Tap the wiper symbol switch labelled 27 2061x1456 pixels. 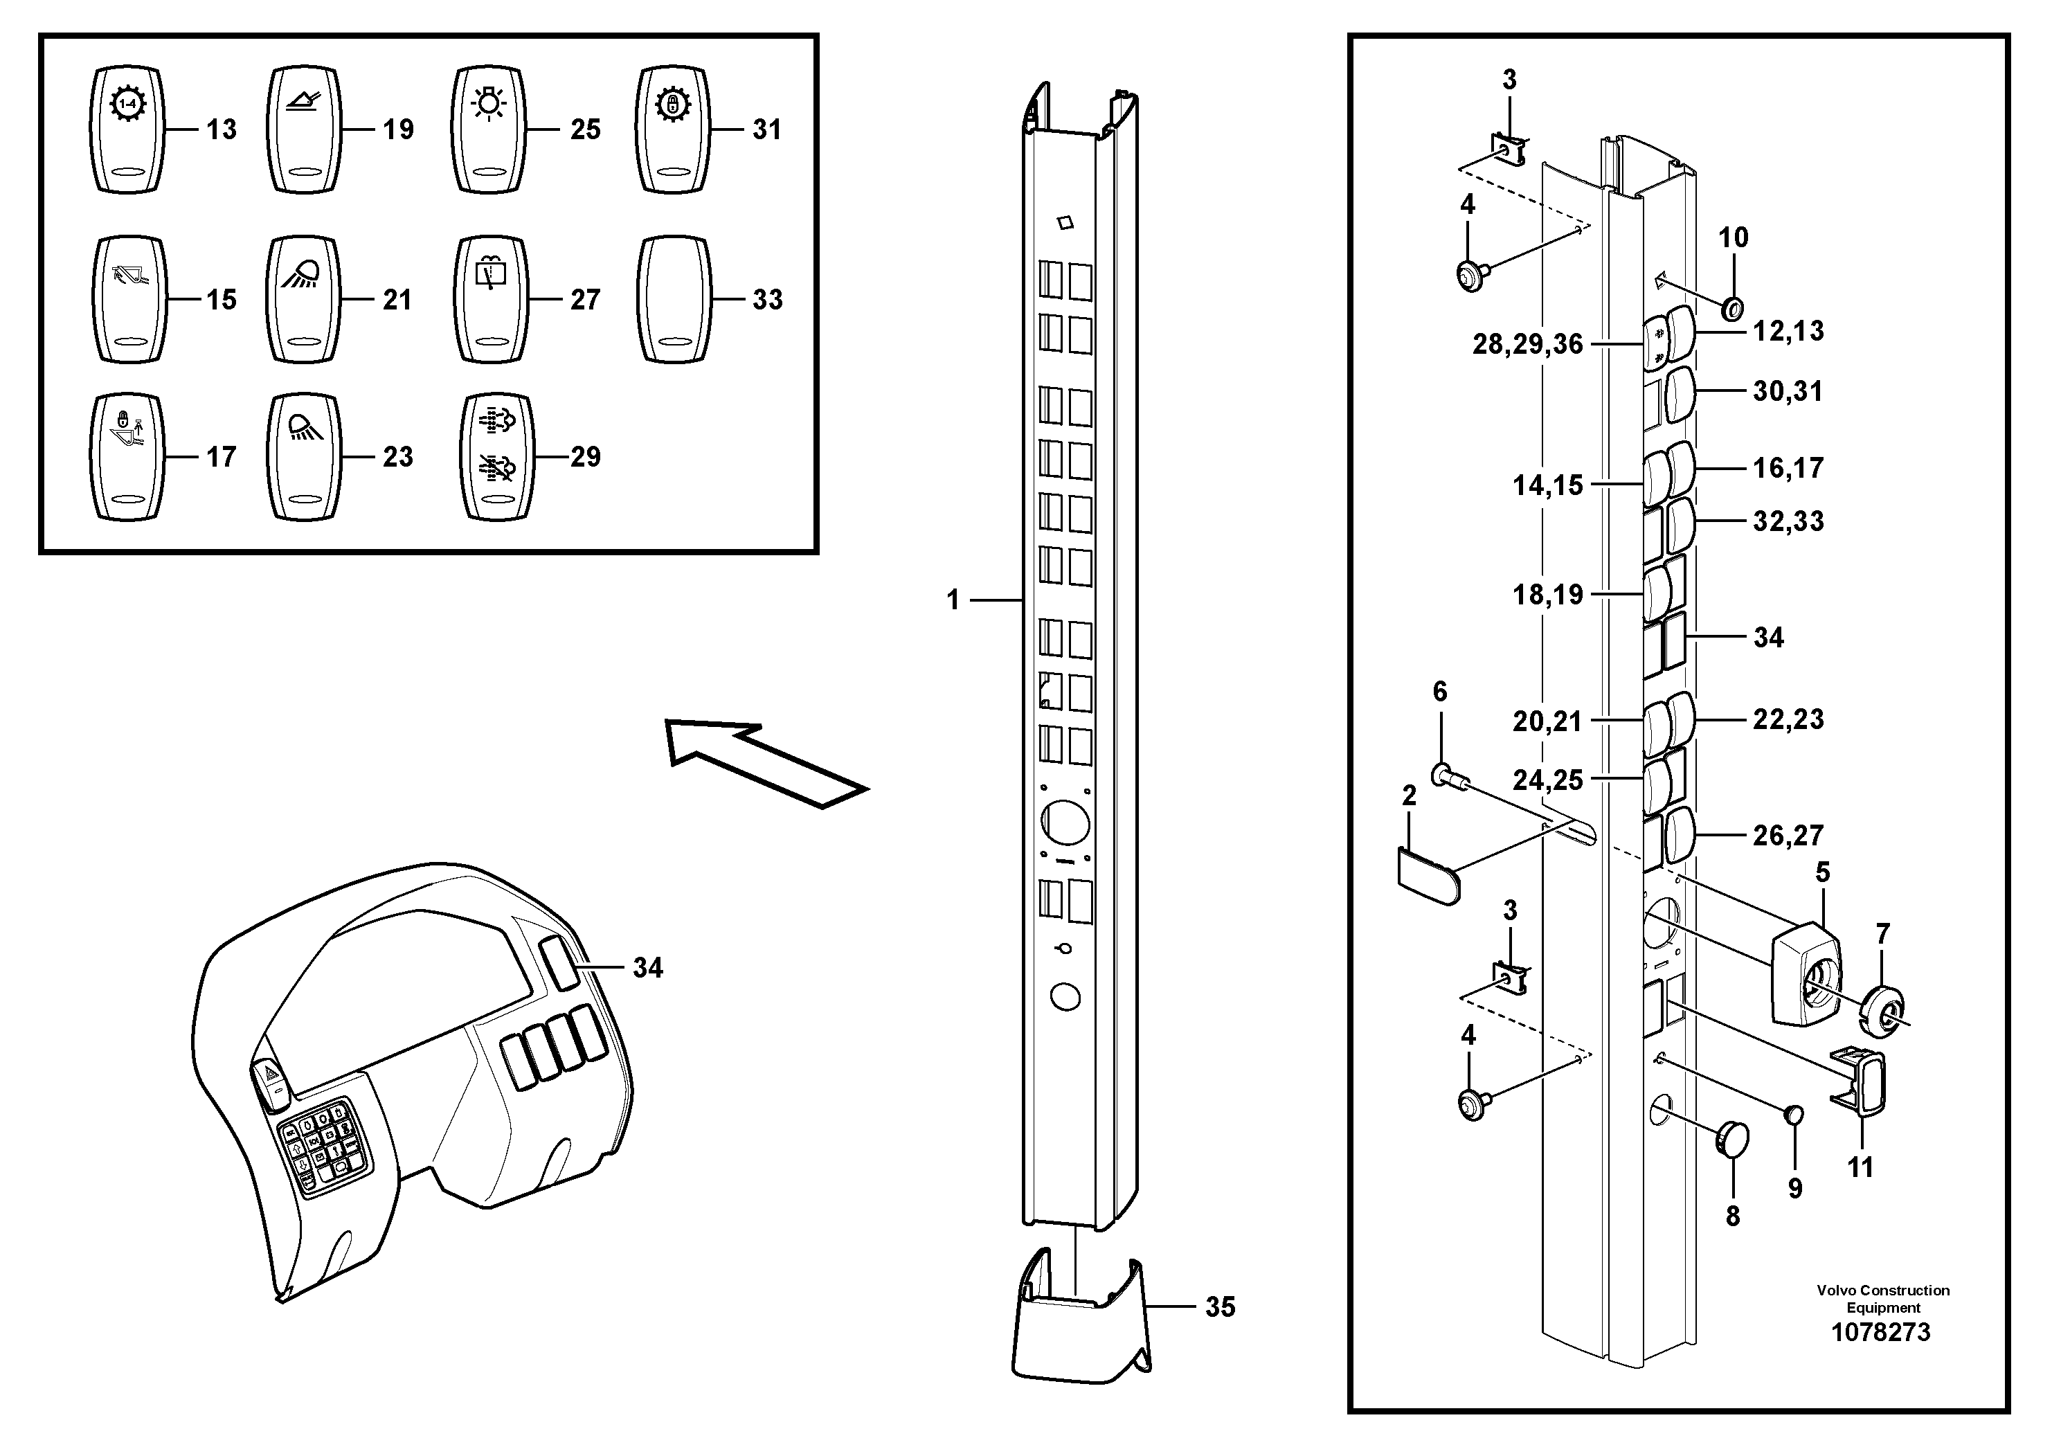tap(491, 300)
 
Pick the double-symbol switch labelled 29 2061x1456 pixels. tap(496, 457)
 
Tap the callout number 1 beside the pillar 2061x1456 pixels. tap(953, 600)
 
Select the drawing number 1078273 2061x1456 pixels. tap(1880, 1332)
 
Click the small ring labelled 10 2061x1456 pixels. tap(1732, 309)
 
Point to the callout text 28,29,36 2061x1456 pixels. tap(1527, 344)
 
